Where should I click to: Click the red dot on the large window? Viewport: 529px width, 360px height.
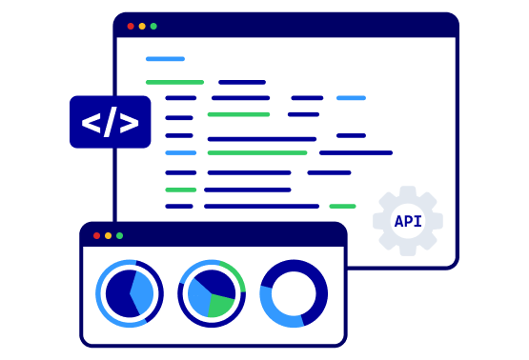[131, 27]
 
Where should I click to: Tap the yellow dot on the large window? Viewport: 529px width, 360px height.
[142, 27]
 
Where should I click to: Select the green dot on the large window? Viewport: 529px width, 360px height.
[153, 27]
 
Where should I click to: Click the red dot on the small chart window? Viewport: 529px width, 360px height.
[96, 235]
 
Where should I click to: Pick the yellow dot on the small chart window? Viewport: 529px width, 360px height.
[108, 235]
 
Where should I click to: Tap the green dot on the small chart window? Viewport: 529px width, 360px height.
[119, 235]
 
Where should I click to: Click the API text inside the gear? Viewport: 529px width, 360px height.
[408, 222]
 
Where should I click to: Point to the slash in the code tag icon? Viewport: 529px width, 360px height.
[111, 122]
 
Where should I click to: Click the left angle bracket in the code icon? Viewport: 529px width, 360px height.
[92, 122]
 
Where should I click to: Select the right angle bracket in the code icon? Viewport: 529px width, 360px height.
[130, 122]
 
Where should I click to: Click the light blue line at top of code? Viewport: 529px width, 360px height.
[165, 59]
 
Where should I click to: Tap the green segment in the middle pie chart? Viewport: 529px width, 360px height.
[220, 305]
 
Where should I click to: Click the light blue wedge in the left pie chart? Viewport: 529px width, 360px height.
[142, 292]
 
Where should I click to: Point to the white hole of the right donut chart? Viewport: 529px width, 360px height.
[294, 293]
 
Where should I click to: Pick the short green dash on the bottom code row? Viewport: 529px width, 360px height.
[342, 207]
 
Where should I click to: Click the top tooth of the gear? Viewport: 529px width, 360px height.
[408, 191]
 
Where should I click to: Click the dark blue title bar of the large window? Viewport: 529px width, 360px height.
[286, 26]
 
